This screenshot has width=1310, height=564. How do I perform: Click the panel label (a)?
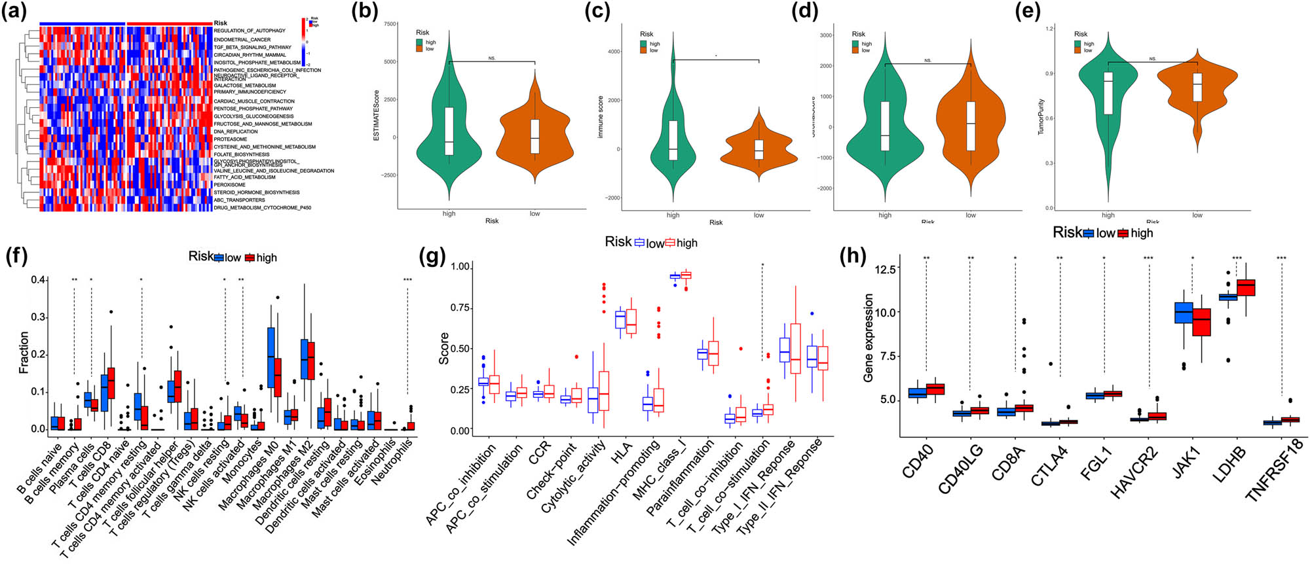pyautogui.click(x=14, y=13)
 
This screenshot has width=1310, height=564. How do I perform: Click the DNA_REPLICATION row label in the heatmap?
pyautogui.click(x=236, y=132)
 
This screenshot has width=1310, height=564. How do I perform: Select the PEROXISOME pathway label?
pyautogui.click(x=229, y=185)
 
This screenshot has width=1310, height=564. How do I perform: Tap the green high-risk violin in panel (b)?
pyautogui.click(x=449, y=131)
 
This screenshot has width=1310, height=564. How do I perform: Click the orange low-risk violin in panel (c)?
pyautogui.click(x=758, y=152)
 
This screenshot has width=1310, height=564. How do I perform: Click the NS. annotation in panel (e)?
pyautogui.click(x=1152, y=59)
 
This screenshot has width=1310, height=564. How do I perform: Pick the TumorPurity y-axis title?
pyautogui.click(x=1041, y=117)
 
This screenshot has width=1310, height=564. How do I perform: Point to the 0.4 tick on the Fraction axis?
pyautogui.click(x=39, y=280)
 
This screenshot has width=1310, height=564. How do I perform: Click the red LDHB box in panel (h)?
pyautogui.click(x=1245, y=287)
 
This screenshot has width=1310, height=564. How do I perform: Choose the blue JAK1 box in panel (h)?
pyautogui.click(x=1183, y=312)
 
